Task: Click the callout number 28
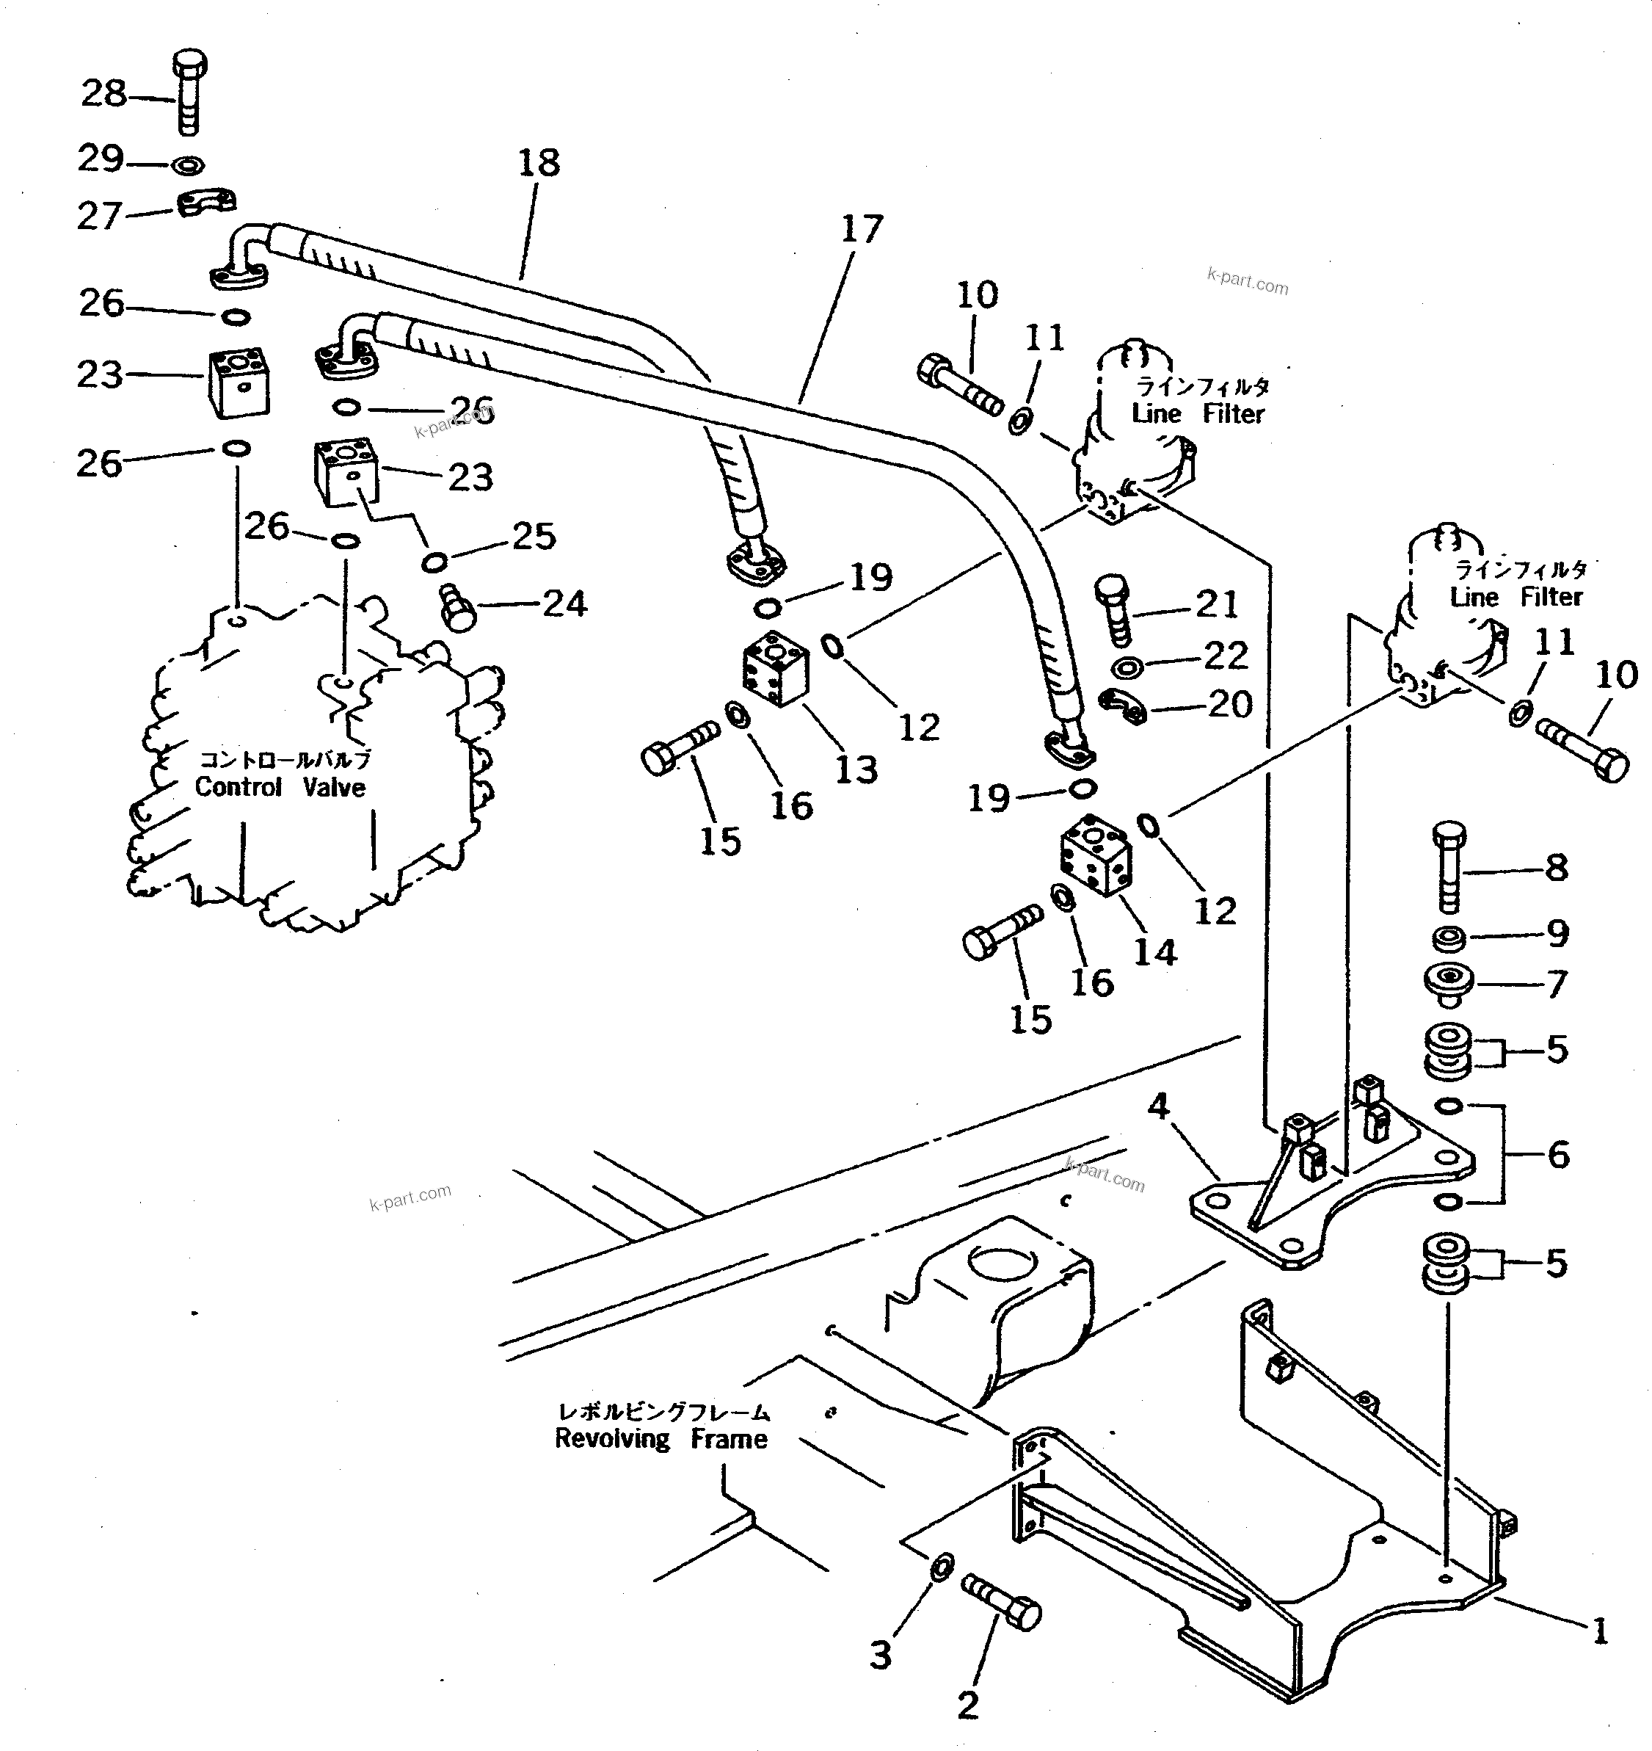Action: point(104,93)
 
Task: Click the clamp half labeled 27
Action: point(208,203)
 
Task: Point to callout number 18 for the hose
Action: point(538,163)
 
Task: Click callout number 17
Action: point(860,229)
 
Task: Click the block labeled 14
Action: point(1096,855)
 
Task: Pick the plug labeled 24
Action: point(457,608)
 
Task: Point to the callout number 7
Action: point(1556,984)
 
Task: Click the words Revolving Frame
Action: point(661,1439)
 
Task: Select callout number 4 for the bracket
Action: point(1158,1104)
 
